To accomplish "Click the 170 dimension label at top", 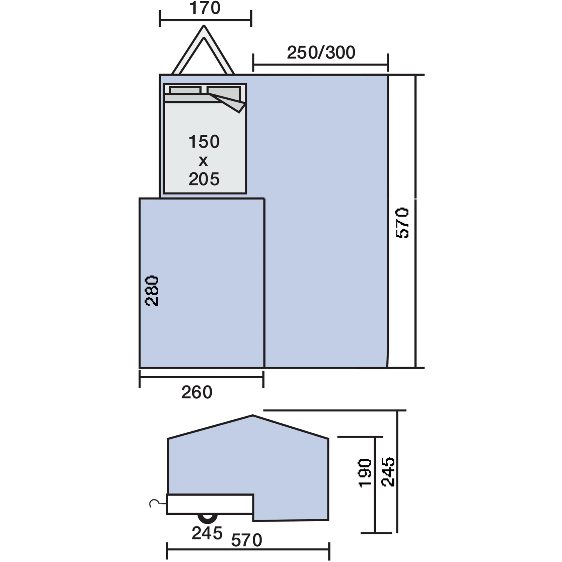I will point(205,8).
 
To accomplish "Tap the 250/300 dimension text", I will point(321,53).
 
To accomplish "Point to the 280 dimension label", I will point(152,291).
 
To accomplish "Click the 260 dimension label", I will point(197,392).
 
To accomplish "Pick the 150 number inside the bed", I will point(204,142).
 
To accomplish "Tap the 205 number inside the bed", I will point(204,179).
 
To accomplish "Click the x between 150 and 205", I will point(203,161).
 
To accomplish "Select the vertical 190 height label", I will point(365,473).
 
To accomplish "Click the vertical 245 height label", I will point(388,471).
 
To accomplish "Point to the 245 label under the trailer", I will point(207,533).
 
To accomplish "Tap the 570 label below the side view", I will point(247,540).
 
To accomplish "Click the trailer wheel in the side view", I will point(208,518).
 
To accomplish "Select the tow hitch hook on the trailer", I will point(154,503).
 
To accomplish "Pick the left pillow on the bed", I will point(185,90).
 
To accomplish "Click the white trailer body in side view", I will point(210,504).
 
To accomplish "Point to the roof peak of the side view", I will point(253,416).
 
